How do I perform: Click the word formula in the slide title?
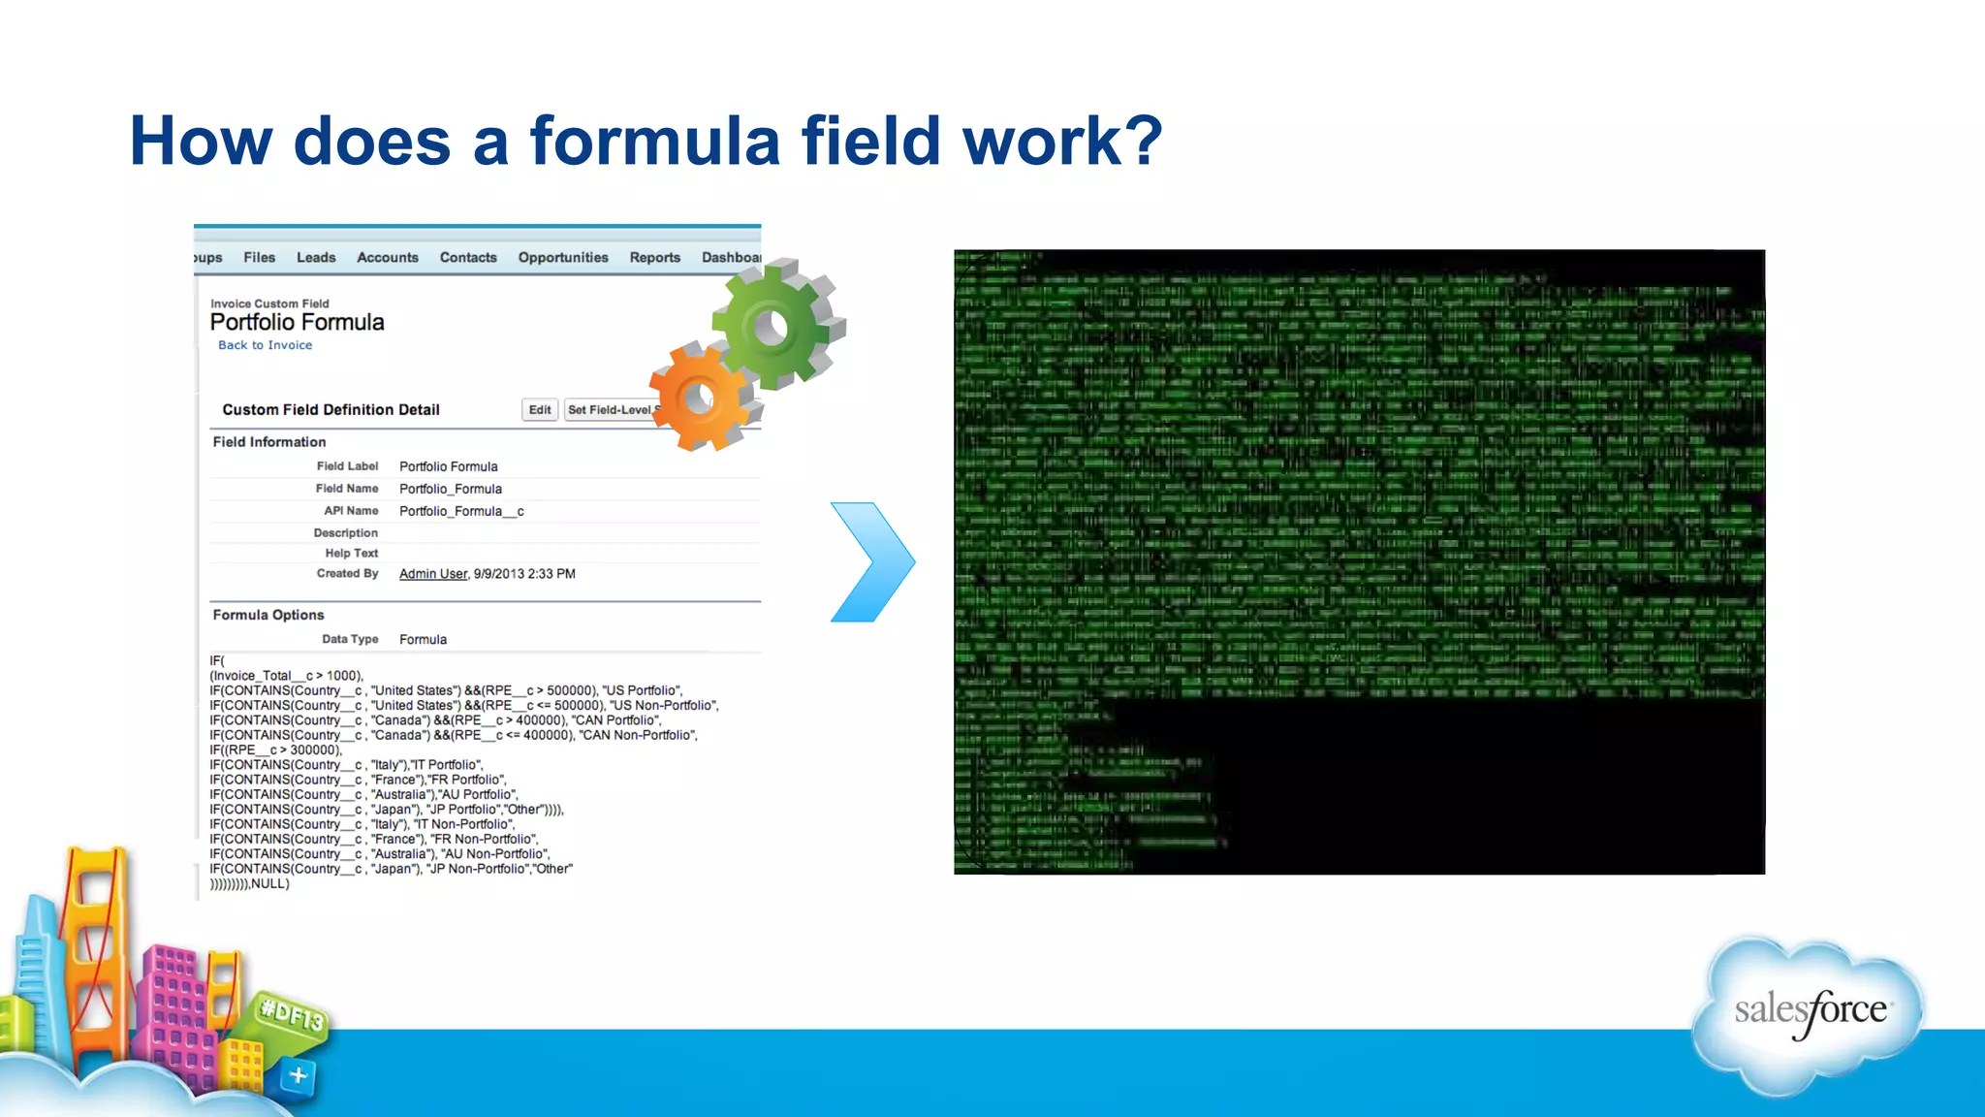(x=654, y=142)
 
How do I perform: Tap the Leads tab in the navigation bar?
(x=316, y=258)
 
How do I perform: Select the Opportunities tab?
(x=562, y=258)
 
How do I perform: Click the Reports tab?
(x=654, y=258)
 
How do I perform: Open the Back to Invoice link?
(x=265, y=345)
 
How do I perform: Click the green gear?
(x=775, y=325)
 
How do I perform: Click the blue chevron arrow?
(x=872, y=562)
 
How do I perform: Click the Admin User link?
(x=432, y=574)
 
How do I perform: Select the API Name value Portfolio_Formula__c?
(x=461, y=511)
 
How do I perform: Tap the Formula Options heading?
(x=268, y=615)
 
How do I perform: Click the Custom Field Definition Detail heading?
(x=331, y=410)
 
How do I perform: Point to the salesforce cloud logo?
(x=1809, y=1013)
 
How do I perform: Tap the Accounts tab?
(x=387, y=258)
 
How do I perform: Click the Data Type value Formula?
(x=423, y=640)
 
